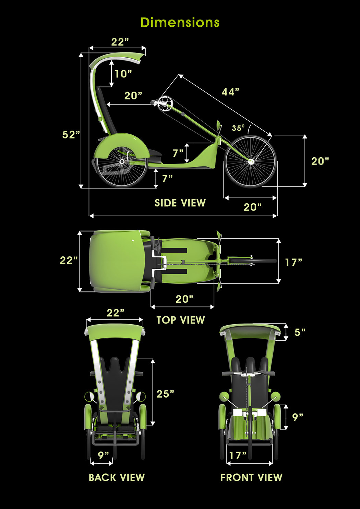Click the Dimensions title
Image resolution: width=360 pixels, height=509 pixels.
coord(180,23)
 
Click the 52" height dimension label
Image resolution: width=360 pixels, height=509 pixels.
coord(71,135)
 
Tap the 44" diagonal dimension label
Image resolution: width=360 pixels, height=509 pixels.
coord(230,92)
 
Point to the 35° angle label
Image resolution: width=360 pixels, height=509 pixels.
coord(238,128)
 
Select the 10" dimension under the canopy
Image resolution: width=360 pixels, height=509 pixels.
coord(123,74)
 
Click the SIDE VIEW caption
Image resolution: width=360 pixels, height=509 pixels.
coord(180,203)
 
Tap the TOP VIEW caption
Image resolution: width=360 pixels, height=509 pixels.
coord(181,320)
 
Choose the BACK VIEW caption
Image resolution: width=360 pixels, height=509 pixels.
coord(117,477)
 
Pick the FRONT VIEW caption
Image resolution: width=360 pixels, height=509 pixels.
coord(251,477)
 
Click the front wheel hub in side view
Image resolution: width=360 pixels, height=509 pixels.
coord(251,161)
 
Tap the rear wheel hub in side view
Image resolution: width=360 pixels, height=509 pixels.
coord(121,161)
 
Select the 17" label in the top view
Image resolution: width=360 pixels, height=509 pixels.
coord(293,262)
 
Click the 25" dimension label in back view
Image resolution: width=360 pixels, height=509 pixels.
coord(165,394)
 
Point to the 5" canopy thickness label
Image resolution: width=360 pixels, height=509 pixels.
coord(300,332)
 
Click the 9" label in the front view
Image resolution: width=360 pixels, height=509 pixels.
coord(298,417)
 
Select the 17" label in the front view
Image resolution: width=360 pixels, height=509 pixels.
coord(238,455)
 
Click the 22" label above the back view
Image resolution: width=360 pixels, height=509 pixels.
coord(115,313)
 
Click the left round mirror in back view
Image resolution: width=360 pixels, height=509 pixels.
coord(89,397)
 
